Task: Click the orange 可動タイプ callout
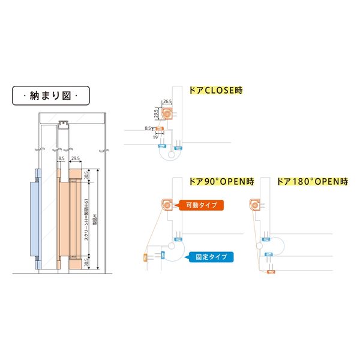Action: tap(202, 205)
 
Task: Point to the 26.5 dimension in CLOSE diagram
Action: tap(167, 102)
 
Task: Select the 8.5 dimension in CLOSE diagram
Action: tap(148, 128)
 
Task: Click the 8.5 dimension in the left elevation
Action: tap(61, 159)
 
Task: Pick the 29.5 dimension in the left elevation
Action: tap(76, 159)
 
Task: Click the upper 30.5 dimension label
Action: tap(88, 175)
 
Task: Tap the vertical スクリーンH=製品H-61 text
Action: tap(88, 218)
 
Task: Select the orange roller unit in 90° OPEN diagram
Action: tap(166, 206)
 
